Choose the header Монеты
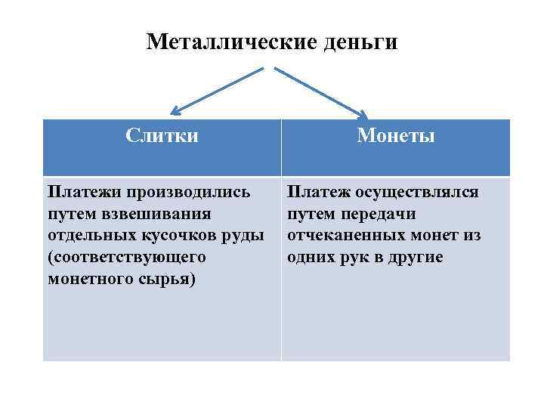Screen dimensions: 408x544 396,136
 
